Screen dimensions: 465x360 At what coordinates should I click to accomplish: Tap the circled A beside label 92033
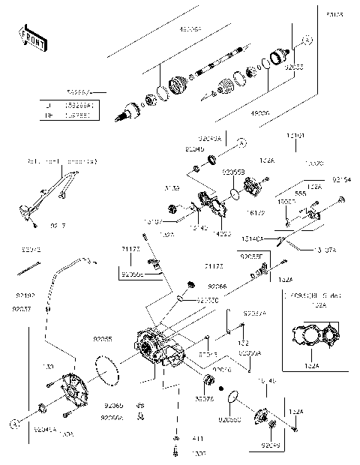click(x=307, y=39)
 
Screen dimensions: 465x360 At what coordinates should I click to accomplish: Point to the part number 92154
click(x=341, y=180)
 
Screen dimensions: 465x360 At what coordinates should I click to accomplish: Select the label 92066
click(x=217, y=286)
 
